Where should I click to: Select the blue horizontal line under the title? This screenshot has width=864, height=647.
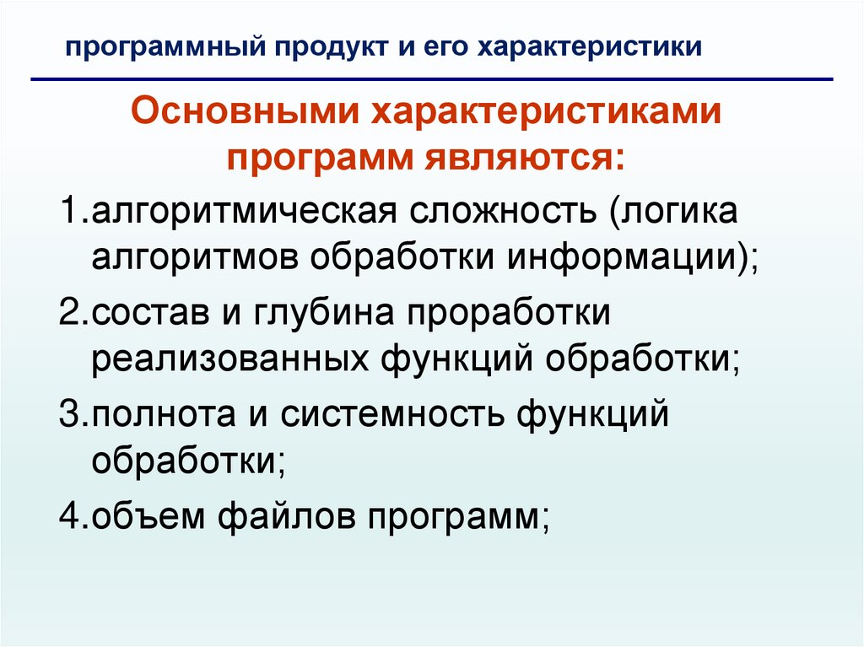tap(432, 80)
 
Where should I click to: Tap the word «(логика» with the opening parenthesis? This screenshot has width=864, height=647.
tap(670, 211)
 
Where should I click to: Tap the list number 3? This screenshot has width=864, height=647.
tap(68, 416)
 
